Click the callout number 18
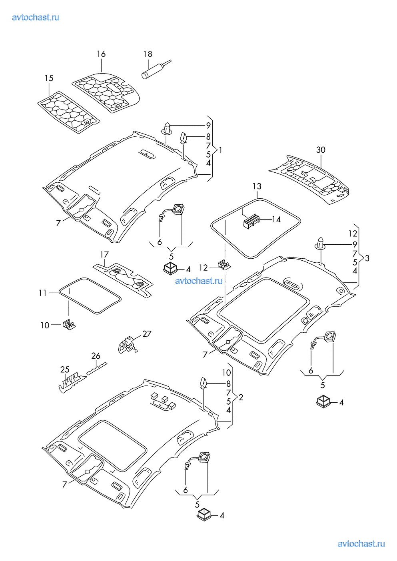pyautogui.click(x=148, y=54)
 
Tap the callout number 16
pyautogui.click(x=101, y=54)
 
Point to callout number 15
pyautogui.click(x=49, y=78)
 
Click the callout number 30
pyautogui.click(x=321, y=150)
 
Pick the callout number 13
pyautogui.click(x=257, y=186)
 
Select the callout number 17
pyautogui.click(x=104, y=254)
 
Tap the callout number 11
pyautogui.click(x=43, y=293)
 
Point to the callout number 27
pyautogui.click(x=147, y=333)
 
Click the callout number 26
pyautogui.click(x=96, y=355)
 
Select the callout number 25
pyautogui.click(x=65, y=369)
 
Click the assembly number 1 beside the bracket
pyautogui.click(x=220, y=150)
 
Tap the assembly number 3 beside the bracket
pyautogui.click(x=367, y=258)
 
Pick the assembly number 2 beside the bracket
pyautogui.click(x=241, y=397)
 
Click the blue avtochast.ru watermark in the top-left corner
pyautogui.click(x=36, y=17)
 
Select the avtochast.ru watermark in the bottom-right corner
pyautogui.click(x=361, y=543)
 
